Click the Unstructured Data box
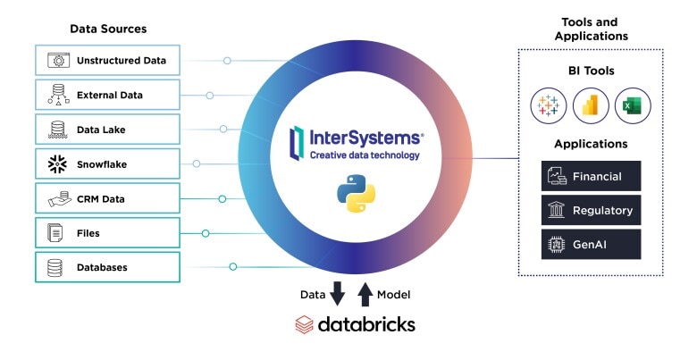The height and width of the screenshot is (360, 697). pos(107,61)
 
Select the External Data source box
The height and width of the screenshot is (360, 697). pos(107,95)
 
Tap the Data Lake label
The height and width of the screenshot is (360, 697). pos(101,130)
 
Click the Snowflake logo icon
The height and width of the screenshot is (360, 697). pos(56,163)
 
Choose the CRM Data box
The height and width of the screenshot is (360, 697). pos(107,198)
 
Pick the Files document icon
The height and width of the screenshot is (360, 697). pos(56,233)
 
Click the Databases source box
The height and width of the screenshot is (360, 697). pos(107,267)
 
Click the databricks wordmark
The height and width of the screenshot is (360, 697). pos(355,324)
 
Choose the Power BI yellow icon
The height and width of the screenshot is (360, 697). pos(590,105)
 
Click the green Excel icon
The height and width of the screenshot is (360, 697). pos(633,105)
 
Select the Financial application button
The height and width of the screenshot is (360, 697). pos(591,176)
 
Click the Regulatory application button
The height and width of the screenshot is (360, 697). pos(591,210)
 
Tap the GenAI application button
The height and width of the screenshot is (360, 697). pos(591,244)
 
